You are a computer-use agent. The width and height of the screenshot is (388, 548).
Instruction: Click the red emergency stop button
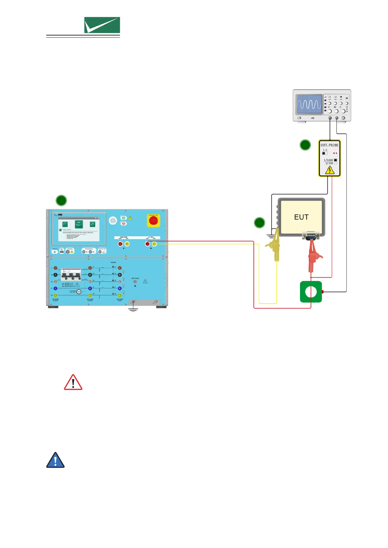coord(153,221)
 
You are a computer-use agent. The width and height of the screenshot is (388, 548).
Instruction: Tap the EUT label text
coord(301,217)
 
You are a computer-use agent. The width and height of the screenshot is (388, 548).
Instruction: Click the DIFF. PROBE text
coord(329,145)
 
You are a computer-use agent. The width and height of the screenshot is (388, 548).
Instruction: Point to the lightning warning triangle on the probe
coord(330,170)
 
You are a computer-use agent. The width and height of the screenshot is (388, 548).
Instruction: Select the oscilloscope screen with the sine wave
coord(309,104)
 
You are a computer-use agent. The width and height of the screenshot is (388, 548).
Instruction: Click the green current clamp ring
coord(311,292)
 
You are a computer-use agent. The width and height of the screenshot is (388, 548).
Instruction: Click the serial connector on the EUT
coord(310,236)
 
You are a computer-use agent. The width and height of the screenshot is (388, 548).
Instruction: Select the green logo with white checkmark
coord(102,25)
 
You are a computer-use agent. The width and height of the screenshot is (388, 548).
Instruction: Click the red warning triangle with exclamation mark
coord(73,383)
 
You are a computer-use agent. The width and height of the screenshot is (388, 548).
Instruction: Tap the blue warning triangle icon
coord(55,460)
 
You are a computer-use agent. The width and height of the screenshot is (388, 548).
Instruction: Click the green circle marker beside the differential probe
coord(305,145)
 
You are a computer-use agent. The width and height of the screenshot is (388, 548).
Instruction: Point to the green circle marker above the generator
coord(61,200)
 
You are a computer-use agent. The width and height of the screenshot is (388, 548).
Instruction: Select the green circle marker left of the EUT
coord(259,223)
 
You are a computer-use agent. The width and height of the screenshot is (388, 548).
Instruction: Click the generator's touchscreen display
coord(79,228)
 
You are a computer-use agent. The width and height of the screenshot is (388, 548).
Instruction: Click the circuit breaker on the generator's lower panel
coord(71,274)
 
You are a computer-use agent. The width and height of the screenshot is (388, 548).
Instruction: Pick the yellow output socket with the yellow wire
coord(154,244)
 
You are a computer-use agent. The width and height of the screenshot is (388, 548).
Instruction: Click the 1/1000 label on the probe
coord(328,160)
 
